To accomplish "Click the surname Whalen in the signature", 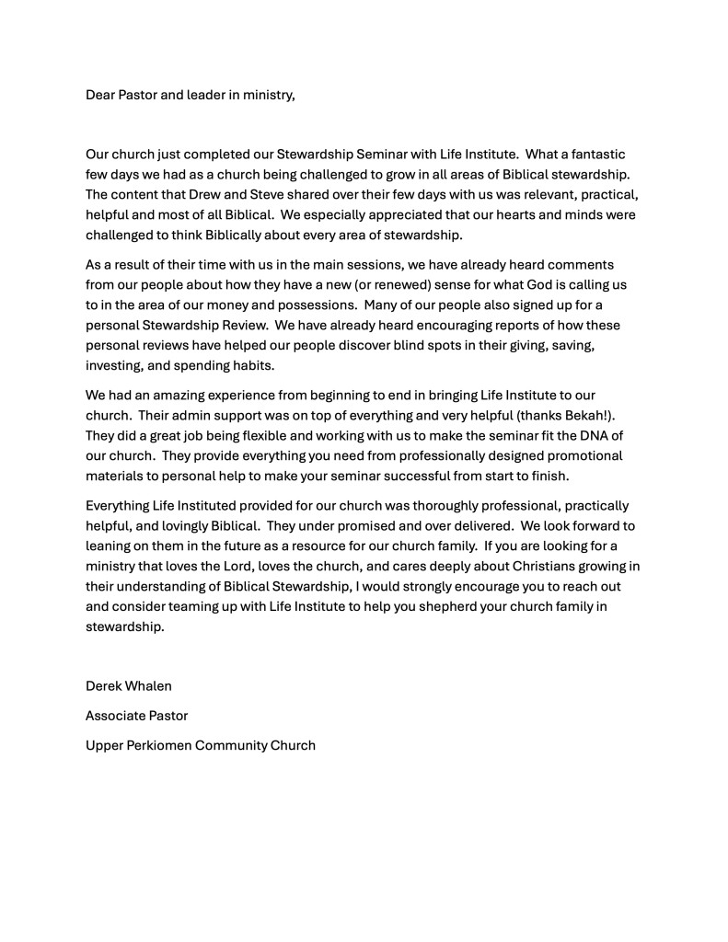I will coord(153,686).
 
